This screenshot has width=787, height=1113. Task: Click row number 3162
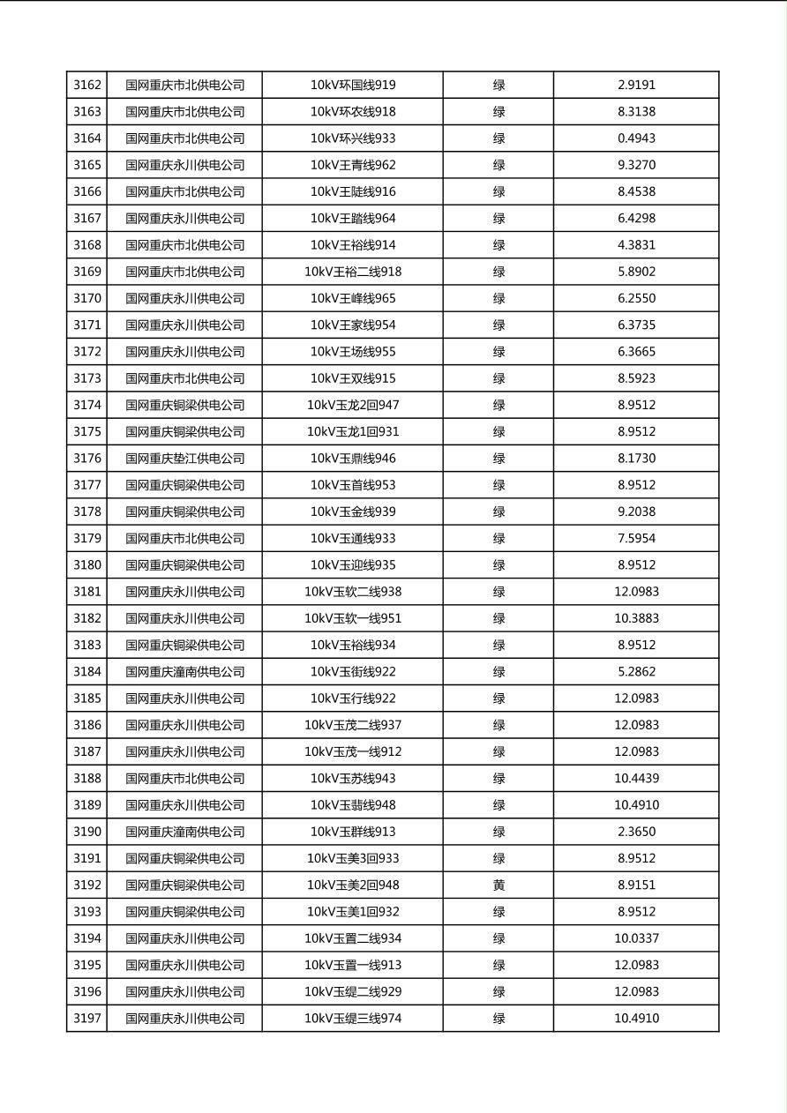(x=87, y=86)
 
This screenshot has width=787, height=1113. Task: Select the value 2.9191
(x=636, y=86)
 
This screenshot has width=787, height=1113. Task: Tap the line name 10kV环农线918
(x=353, y=112)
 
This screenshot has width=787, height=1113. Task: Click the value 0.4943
(x=636, y=138)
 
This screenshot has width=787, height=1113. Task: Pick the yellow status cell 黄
(x=498, y=885)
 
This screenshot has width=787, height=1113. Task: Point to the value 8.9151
(x=636, y=885)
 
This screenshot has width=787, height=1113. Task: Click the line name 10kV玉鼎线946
(x=353, y=459)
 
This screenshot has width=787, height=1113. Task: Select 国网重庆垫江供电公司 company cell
(x=184, y=459)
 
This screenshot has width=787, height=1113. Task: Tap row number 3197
(x=87, y=1019)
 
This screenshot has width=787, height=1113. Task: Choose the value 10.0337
(x=636, y=938)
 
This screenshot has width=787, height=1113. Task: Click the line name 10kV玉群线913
(x=353, y=832)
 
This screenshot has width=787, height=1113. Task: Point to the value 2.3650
(x=636, y=832)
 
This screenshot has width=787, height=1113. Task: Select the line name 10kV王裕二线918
(x=353, y=272)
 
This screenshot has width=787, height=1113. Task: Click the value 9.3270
(x=636, y=165)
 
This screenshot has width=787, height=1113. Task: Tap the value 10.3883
(x=636, y=618)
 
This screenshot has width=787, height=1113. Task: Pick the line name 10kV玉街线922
(x=353, y=672)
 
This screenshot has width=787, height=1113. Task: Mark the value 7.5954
(x=636, y=539)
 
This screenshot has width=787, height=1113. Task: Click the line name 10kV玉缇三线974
(x=353, y=1019)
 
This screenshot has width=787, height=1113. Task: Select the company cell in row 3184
(x=184, y=672)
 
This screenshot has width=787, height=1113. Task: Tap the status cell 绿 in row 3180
(x=498, y=565)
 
